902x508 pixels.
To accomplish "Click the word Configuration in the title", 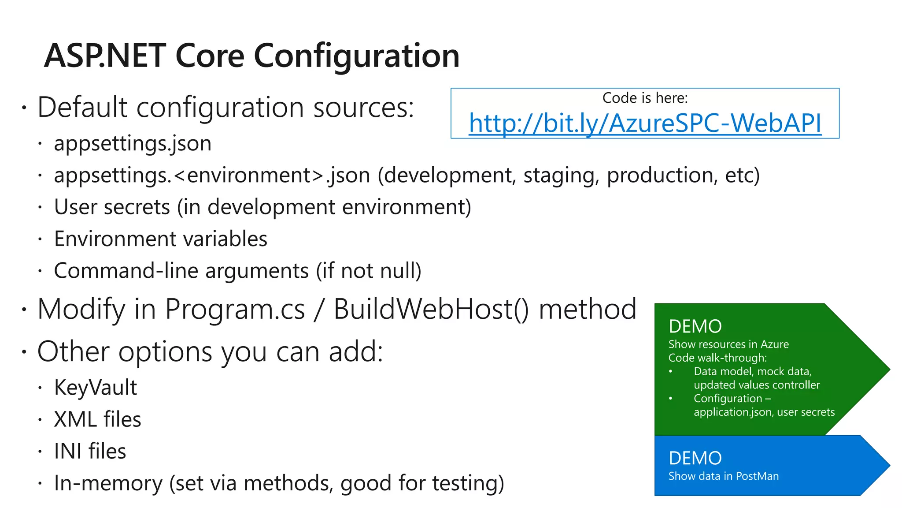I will tap(357, 56).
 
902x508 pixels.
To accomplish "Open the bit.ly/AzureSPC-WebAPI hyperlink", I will tap(645, 123).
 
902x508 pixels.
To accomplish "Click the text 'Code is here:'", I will tap(645, 98).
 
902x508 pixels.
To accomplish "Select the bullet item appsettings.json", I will tap(133, 144).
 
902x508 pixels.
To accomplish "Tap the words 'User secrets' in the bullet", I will tap(112, 207).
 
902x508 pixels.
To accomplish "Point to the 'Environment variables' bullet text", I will tap(160, 239).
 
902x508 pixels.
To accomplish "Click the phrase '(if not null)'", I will tap(369, 271).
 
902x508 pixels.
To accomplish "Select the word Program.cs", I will tap(235, 309).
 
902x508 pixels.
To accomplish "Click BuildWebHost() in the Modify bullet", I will tap(431, 309).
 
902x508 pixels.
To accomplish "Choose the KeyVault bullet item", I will tap(95, 388).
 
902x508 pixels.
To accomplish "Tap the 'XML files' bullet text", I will tap(97, 419).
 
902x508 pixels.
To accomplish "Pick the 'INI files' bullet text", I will tap(90, 451).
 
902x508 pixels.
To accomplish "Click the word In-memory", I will tap(108, 483).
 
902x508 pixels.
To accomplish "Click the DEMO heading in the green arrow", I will tap(695, 327).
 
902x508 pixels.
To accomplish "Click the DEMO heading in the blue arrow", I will tap(695, 459).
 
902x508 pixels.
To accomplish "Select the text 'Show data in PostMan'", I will tap(723, 476).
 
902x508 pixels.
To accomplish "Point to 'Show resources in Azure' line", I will tap(728, 344).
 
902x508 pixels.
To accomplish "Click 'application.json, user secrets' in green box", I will tap(764, 412).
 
